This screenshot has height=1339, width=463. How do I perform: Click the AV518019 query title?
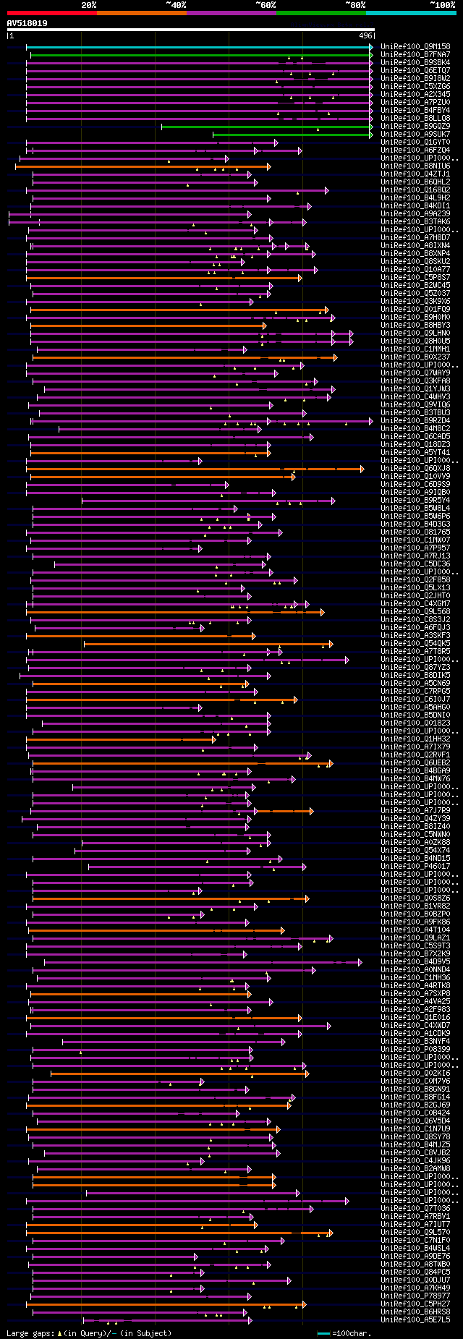point(27,23)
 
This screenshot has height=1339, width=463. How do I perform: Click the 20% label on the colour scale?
point(89,5)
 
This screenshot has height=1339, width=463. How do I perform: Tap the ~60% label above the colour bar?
point(266,5)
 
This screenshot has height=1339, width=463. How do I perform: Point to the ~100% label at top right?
point(442,5)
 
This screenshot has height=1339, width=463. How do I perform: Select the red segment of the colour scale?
point(51,13)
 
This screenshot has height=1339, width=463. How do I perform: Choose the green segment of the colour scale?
point(320,13)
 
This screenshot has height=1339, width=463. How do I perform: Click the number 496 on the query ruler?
point(365,35)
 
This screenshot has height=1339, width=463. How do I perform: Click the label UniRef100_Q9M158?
point(415,47)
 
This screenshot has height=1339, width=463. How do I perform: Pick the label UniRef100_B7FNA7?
point(415,55)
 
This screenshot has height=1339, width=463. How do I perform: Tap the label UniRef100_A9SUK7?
point(415,135)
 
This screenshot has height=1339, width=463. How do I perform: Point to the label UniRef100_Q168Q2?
point(415,190)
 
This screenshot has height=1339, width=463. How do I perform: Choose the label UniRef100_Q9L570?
point(415,1232)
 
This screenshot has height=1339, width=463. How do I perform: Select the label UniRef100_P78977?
point(415,1296)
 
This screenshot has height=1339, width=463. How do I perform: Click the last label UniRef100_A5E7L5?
point(415,1320)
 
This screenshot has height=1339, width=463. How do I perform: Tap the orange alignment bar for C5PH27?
point(166,1304)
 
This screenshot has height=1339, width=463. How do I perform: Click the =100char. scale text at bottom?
point(351,1333)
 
